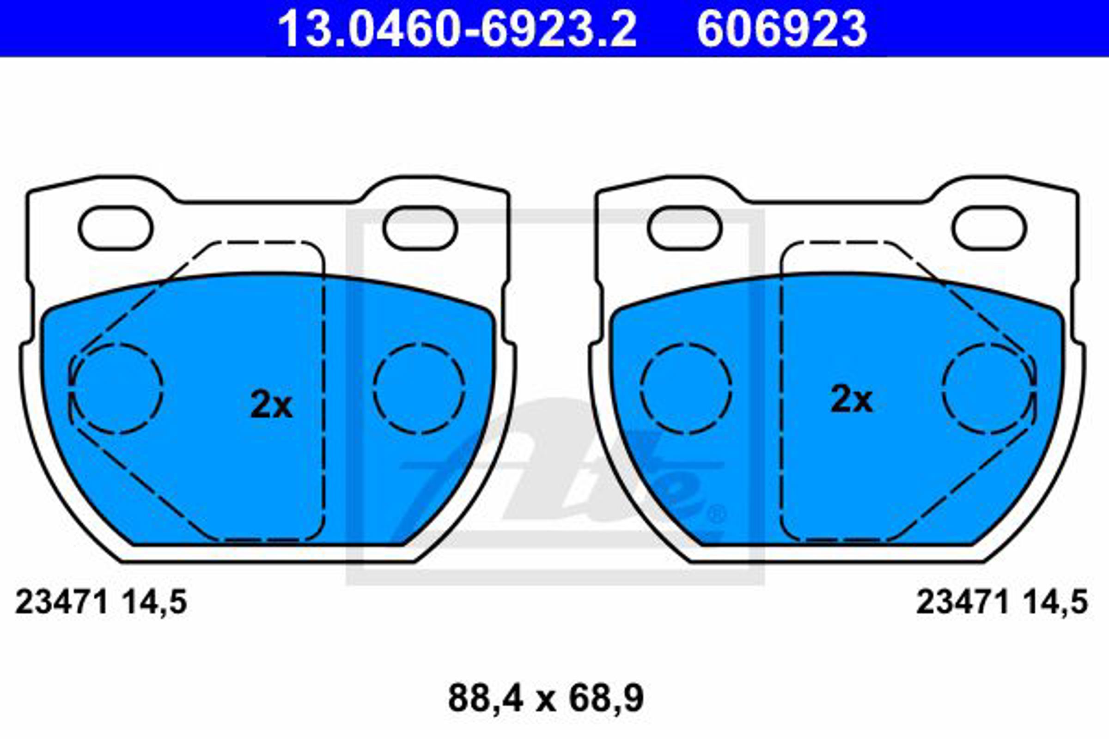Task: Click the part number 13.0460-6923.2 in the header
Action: pyautogui.click(x=457, y=29)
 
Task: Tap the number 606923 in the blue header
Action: pyautogui.click(x=782, y=29)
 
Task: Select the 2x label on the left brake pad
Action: pyautogui.click(x=271, y=404)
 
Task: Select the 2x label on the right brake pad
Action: pyautogui.click(x=852, y=399)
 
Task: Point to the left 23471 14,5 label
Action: pyautogui.click(x=101, y=602)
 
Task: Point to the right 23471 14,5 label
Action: pyautogui.click(x=1002, y=602)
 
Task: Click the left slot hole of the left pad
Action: pyautogui.click(x=116, y=228)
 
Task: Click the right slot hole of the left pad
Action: pyautogui.click(x=420, y=228)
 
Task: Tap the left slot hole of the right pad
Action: pyautogui.click(x=685, y=228)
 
